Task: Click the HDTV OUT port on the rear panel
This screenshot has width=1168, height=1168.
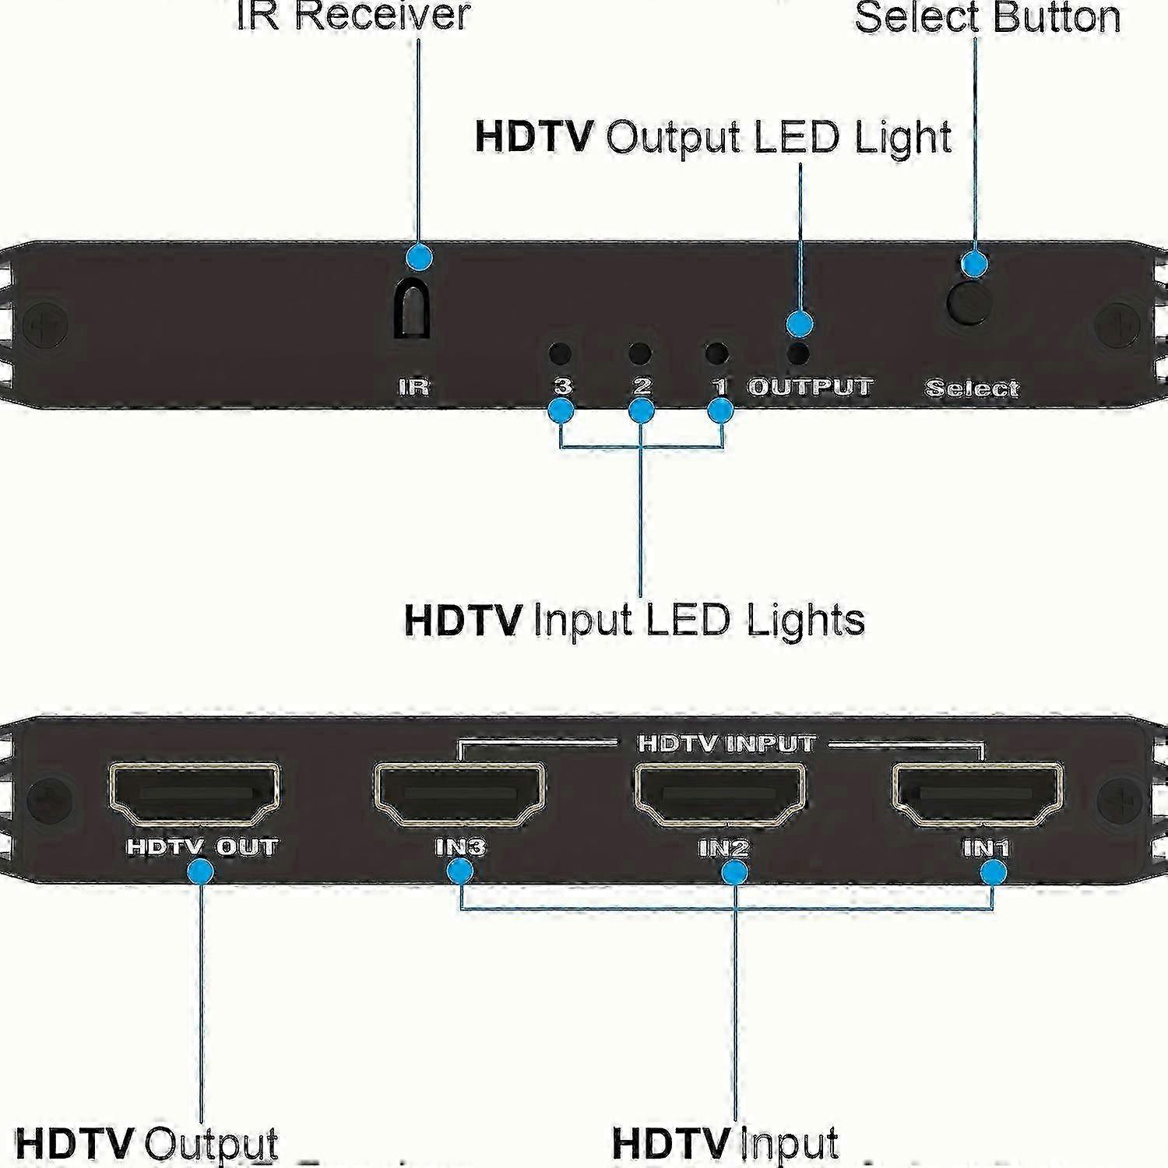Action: [194, 793]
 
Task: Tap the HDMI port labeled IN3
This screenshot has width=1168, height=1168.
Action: [460, 793]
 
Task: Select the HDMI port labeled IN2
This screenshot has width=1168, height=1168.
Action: [721, 793]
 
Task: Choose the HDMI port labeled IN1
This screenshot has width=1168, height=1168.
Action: [978, 793]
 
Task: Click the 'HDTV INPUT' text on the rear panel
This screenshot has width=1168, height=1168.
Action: [726, 744]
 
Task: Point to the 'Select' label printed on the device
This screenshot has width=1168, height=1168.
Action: [972, 388]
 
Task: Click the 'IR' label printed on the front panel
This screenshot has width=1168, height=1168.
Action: [413, 387]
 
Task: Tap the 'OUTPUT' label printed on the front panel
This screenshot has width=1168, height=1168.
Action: [810, 387]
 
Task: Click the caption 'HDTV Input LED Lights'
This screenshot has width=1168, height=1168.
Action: [635, 621]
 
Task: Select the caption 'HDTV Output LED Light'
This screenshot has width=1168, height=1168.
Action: [712, 138]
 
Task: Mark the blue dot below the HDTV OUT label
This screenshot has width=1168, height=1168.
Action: [201, 871]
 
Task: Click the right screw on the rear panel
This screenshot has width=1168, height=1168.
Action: [1120, 799]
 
